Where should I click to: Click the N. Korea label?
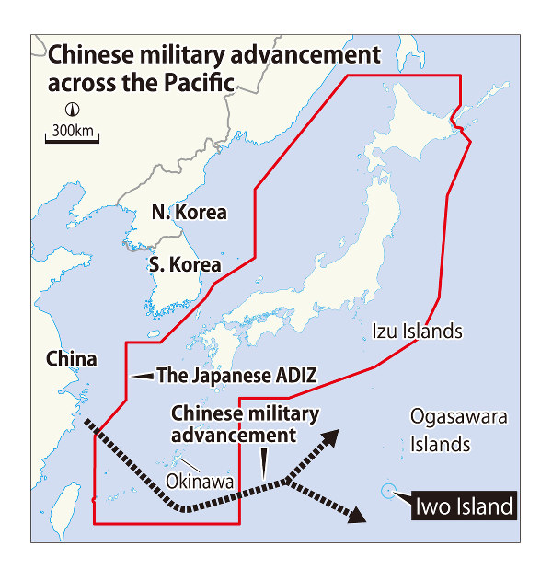pos(189,213)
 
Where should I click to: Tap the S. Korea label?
pos(185,265)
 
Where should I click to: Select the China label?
pos(71,358)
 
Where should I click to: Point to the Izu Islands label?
pos(417,331)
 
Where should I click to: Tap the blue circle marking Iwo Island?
pos(388,492)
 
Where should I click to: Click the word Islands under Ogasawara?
pos(441,445)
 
